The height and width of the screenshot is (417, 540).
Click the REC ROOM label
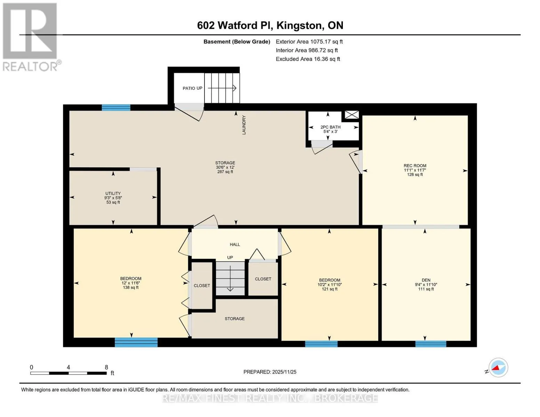click(x=415, y=166)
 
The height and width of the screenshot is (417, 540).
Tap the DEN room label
click(x=426, y=280)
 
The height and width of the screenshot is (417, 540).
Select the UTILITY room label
click(x=113, y=194)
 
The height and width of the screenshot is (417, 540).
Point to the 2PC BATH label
click(x=330, y=127)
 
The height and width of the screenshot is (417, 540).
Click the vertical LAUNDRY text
click(x=244, y=125)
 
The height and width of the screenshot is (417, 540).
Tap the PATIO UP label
click(x=192, y=88)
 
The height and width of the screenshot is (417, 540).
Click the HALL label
click(x=235, y=245)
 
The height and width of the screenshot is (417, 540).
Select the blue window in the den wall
click(x=431, y=344)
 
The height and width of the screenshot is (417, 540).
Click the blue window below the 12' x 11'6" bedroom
click(x=136, y=342)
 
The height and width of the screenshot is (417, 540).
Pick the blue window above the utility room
click(x=116, y=107)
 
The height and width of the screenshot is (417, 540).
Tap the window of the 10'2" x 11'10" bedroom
click(x=321, y=344)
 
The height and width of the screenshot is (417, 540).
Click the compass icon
click(x=498, y=368)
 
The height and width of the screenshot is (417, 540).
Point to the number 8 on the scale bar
click(x=106, y=367)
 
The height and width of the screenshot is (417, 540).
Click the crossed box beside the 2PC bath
click(x=352, y=115)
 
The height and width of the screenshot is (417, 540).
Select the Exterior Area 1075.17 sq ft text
click(x=309, y=42)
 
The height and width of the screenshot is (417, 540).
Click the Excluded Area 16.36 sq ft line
click(x=308, y=59)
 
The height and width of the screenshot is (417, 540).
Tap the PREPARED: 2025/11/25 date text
click(x=270, y=372)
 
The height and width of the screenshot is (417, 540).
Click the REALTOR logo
click(x=31, y=37)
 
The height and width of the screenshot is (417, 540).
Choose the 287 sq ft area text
click(x=225, y=172)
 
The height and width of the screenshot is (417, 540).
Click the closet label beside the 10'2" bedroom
click(x=263, y=279)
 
